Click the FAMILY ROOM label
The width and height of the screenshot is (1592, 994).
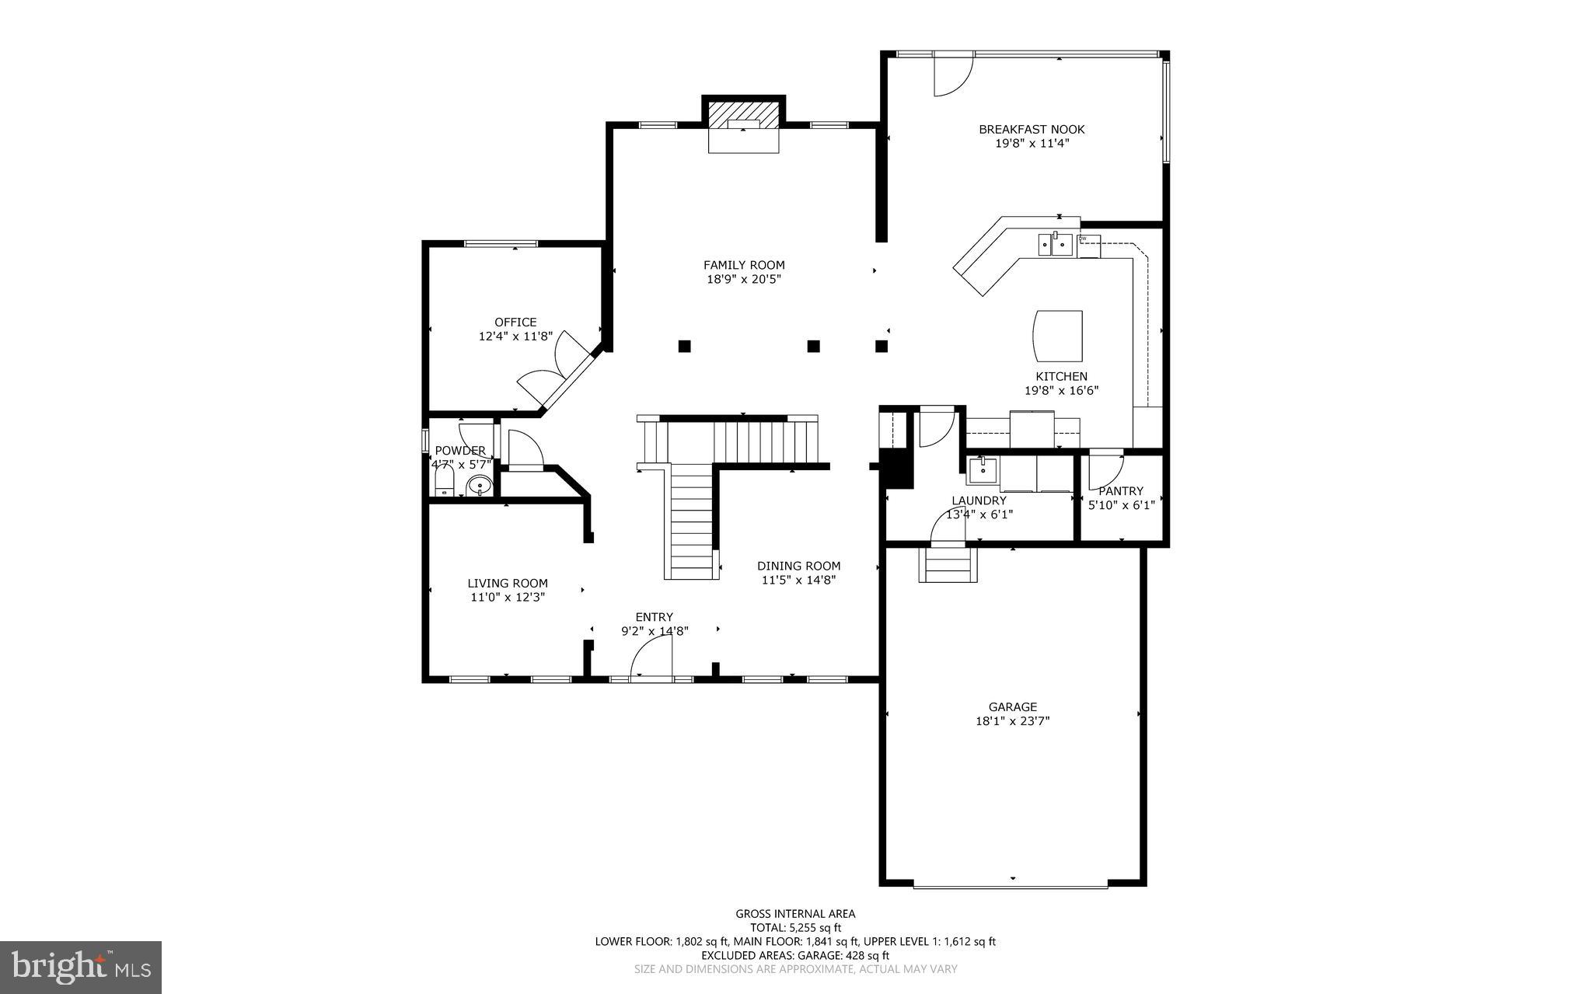pos(744,265)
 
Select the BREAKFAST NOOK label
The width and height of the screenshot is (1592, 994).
pos(1032,130)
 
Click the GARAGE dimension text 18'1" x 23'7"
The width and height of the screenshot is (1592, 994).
pos(1012,721)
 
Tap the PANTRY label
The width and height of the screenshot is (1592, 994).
pos(1120,491)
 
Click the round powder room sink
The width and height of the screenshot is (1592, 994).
pos(480,487)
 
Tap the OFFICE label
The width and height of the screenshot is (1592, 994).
pos(515,323)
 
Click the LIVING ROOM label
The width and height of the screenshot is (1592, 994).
pos(508,584)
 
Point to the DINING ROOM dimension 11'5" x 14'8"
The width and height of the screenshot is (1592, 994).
pos(798,580)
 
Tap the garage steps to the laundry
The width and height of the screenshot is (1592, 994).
pos(947,565)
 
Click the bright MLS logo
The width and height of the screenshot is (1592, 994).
pos(81,968)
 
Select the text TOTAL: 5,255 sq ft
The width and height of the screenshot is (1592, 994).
pos(795,927)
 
